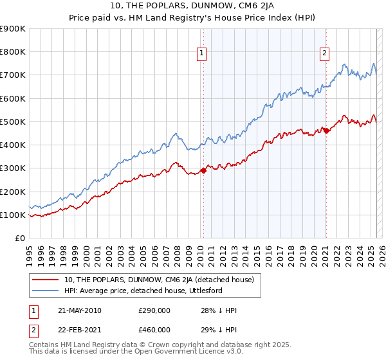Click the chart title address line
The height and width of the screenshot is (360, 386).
(x=192, y=6)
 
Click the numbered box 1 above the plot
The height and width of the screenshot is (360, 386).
(x=202, y=53)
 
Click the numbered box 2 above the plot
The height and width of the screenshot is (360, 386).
(x=324, y=53)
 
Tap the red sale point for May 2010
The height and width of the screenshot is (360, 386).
(x=203, y=170)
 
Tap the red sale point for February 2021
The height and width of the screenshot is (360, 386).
(x=326, y=130)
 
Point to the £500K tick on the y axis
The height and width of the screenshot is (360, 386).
(x=14, y=122)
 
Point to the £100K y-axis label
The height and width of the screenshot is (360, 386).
(x=14, y=215)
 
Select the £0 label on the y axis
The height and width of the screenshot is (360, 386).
(x=20, y=238)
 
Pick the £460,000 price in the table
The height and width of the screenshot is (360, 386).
(x=154, y=330)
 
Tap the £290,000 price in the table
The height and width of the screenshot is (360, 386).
(x=154, y=310)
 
